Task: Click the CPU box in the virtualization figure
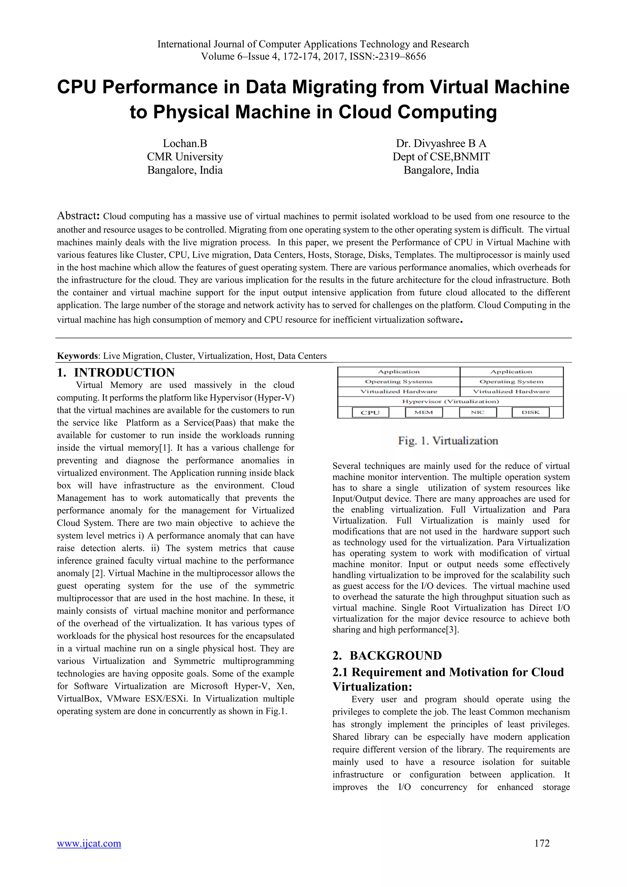[370, 412]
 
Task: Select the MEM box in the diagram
[423, 412]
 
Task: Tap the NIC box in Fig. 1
[478, 412]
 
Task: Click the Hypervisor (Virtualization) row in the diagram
[450, 402]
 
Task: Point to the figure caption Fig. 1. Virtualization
[448, 441]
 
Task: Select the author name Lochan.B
[185, 143]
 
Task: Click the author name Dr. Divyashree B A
[441, 143]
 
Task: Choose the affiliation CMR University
[185, 157]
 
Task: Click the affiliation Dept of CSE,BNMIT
[441, 157]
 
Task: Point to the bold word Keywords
[77, 356]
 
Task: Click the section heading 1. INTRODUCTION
[116, 372]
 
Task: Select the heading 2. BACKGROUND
[387, 655]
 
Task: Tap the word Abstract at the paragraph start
[79, 216]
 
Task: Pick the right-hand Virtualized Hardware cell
[511, 391]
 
